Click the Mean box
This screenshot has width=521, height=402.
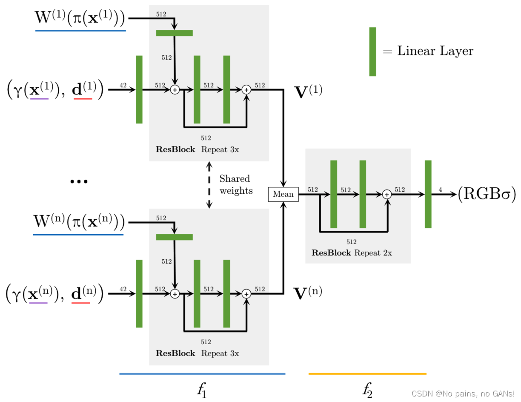[x=283, y=194]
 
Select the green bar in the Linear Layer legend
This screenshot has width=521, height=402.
[x=372, y=52]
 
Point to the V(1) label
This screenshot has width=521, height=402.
[x=308, y=92]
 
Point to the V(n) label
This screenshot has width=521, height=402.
[x=308, y=293]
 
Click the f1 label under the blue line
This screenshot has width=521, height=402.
[x=201, y=388]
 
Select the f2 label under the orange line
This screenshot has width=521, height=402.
[x=367, y=388]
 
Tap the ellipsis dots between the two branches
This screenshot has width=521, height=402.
[x=79, y=181]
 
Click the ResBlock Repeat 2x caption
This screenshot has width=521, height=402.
[x=352, y=253]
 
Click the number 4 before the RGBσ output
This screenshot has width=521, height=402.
[x=440, y=189]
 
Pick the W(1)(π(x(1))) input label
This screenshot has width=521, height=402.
[x=80, y=18]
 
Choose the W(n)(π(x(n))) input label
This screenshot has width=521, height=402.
[x=79, y=222]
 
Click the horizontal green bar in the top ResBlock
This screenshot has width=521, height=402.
[x=174, y=33]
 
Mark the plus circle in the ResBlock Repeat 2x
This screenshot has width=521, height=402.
[x=386, y=194]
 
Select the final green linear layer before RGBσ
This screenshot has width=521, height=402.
[x=428, y=194]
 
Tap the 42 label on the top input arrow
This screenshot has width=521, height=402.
[x=123, y=85]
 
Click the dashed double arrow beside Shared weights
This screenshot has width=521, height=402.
[x=209, y=185]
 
